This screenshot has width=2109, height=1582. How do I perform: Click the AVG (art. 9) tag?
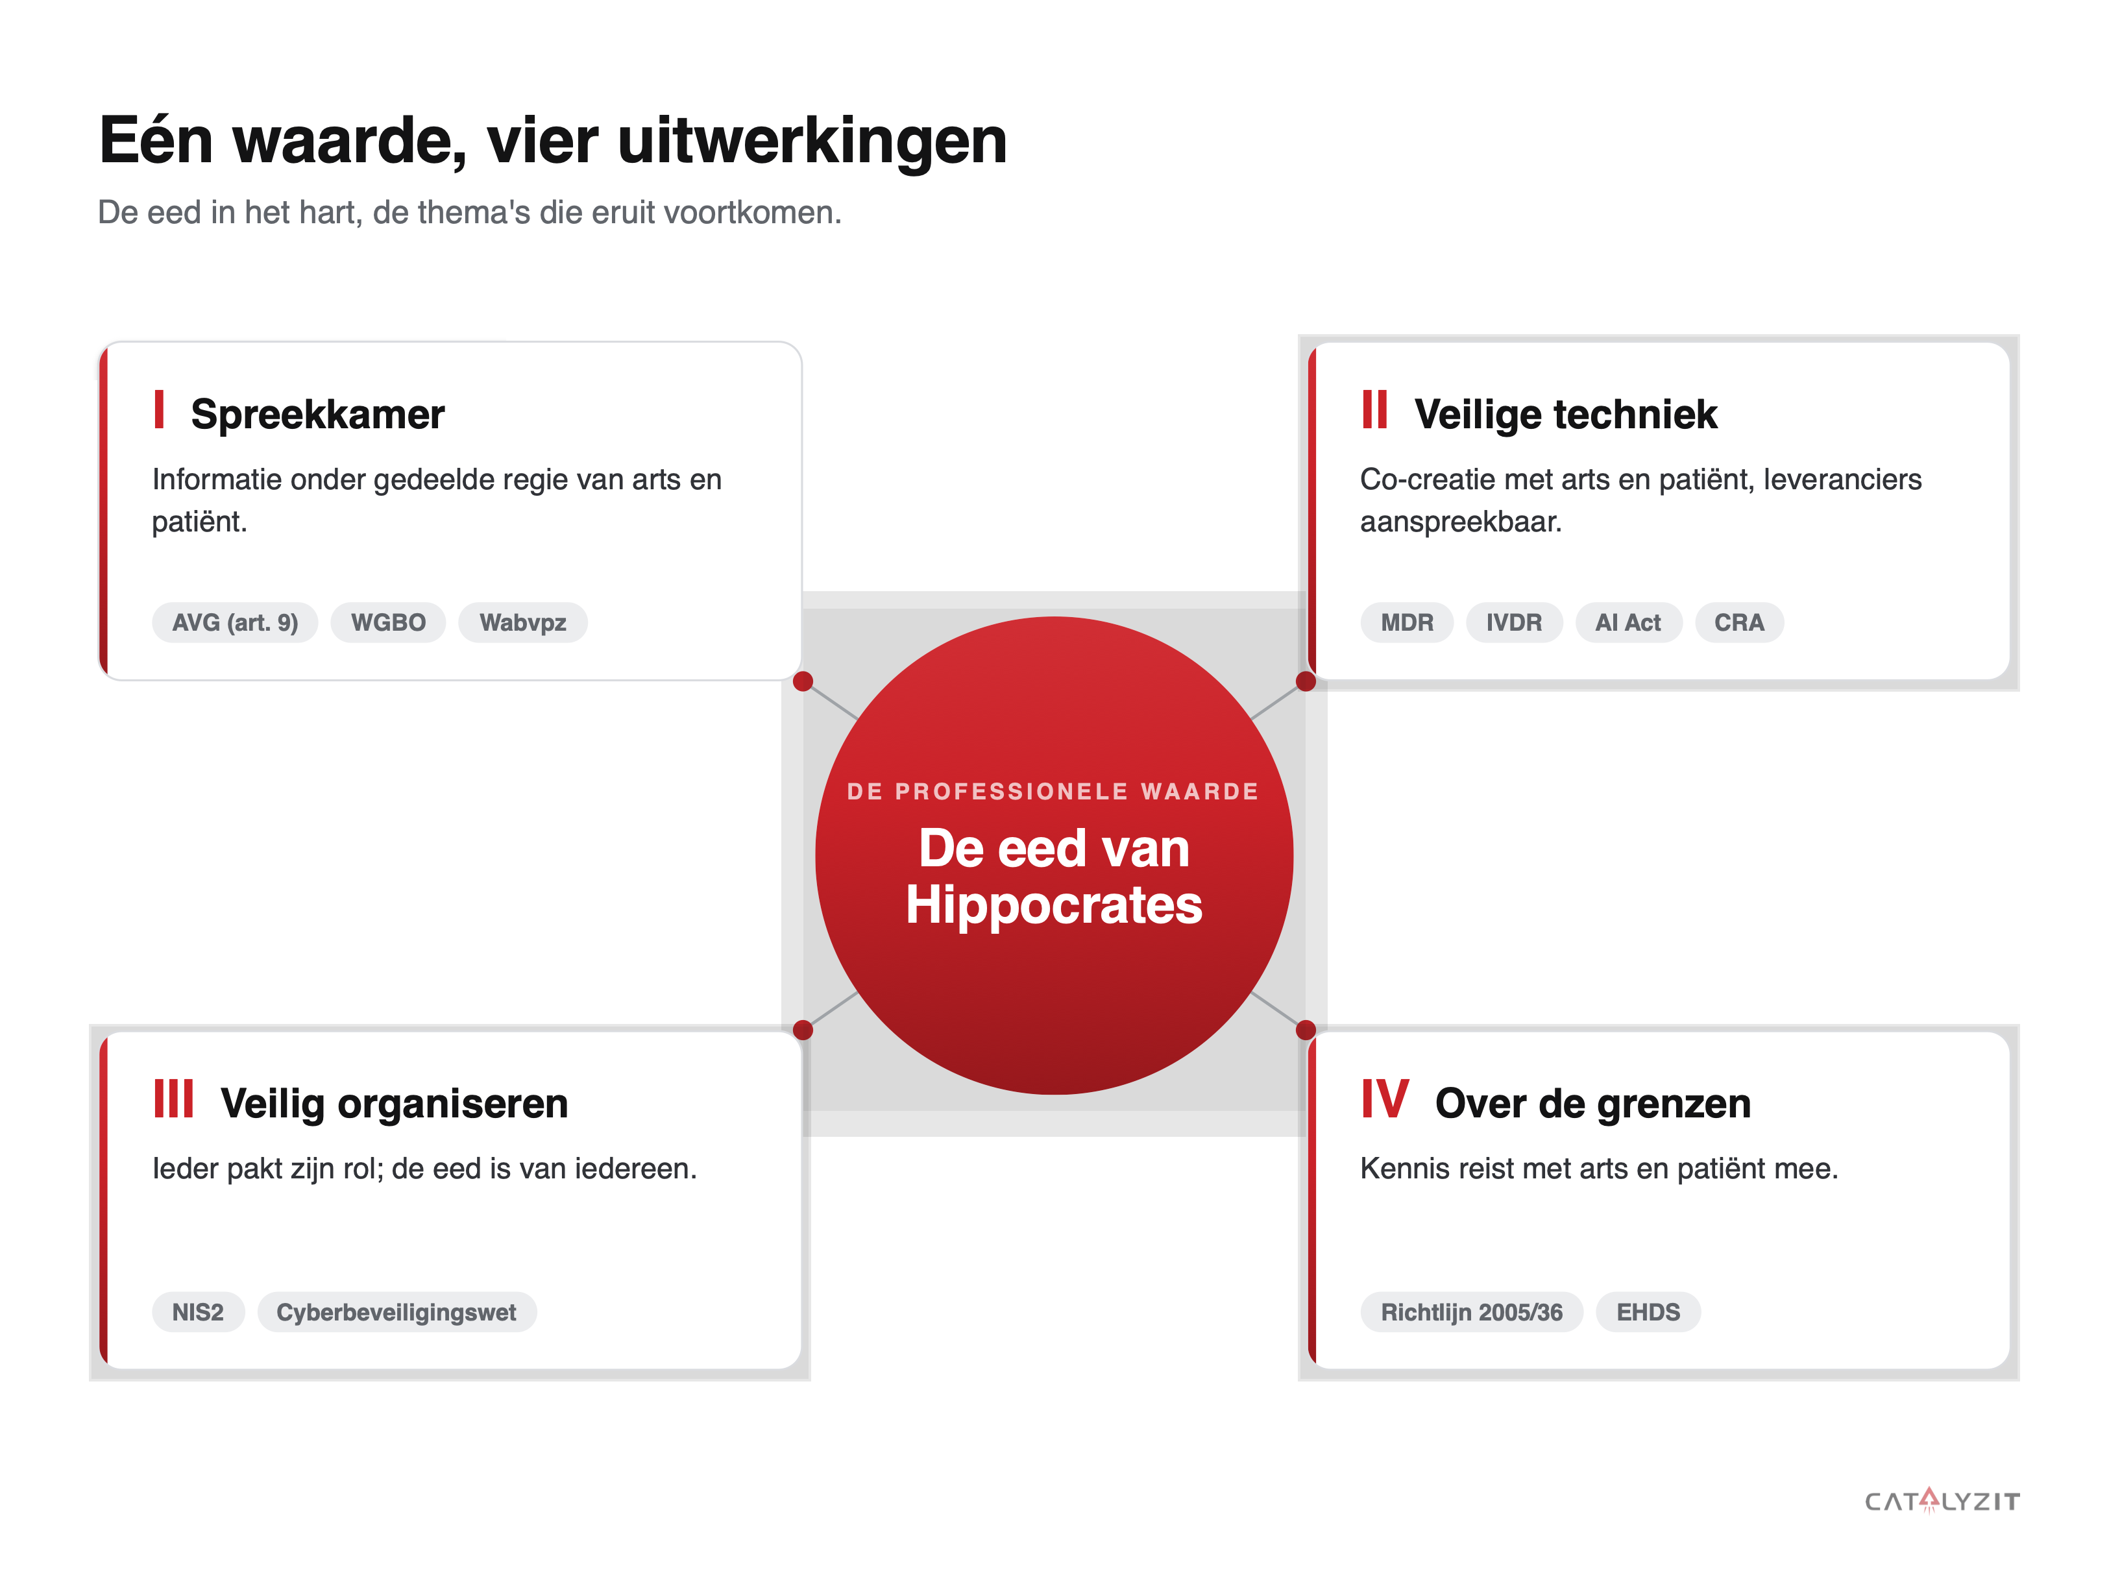[234, 623]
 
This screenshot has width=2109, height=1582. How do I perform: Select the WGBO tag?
[388, 623]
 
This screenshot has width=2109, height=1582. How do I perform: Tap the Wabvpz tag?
[522, 623]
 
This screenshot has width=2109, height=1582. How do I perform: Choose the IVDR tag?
[1513, 623]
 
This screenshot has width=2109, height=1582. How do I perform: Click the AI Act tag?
[1627, 623]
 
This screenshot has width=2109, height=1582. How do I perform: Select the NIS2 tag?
[197, 1312]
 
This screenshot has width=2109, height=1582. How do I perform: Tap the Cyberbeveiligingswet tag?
[396, 1312]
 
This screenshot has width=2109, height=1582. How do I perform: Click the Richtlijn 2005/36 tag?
[1471, 1312]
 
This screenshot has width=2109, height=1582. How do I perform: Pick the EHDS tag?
[1648, 1312]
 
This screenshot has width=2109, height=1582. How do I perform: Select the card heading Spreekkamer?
[317, 415]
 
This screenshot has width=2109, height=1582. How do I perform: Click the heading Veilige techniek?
[1566, 415]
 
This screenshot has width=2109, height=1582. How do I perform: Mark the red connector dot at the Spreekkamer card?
[803, 681]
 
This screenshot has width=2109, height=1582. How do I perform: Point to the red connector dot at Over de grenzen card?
[1306, 1030]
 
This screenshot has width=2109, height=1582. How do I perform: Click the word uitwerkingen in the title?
[812, 141]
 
